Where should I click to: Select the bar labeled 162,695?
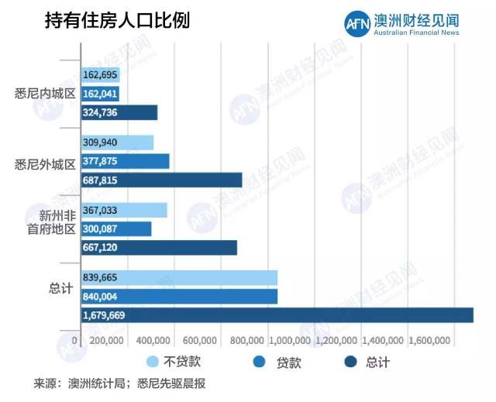tap(101, 75)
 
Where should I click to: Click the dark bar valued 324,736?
tap(119, 112)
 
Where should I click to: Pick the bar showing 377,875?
tap(125, 161)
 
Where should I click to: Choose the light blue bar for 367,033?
tap(124, 210)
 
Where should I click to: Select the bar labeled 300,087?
tap(116, 228)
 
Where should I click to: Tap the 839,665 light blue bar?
tap(179, 277)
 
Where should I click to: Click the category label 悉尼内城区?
tap(45, 94)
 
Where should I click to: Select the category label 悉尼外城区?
tap(45, 163)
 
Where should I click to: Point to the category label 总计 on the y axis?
tap(59, 287)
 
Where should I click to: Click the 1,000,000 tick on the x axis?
tap(291, 341)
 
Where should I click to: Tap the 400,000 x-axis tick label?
tap(155, 341)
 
